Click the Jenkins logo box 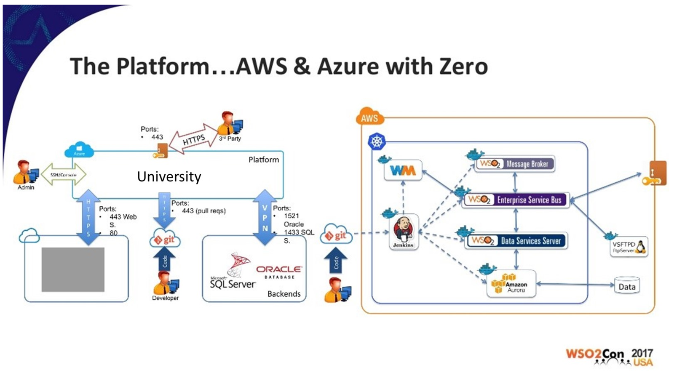[x=404, y=232]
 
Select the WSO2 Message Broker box [x=515, y=164]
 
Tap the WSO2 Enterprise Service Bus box [x=516, y=200]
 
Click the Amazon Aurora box [x=511, y=284]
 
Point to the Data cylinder [x=627, y=286]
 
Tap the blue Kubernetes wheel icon [x=377, y=141]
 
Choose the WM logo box [x=403, y=170]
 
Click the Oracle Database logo [x=279, y=272]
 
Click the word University [x=169, y=176]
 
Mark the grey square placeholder [x=73, y=269]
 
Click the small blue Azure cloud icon [x=79, y=150]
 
